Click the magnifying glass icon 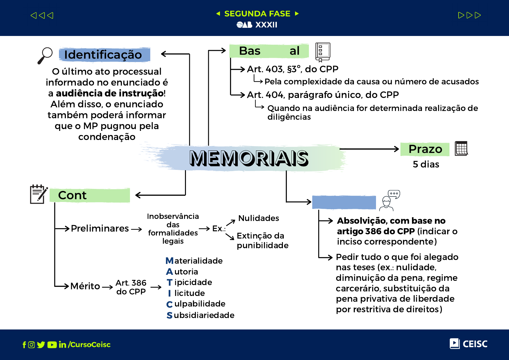[45, 55]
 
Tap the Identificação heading [103, 55]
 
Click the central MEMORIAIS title [249, 158]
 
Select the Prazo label [425, 149]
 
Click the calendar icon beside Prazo [461, 148]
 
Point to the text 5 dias [426, 164]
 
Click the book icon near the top [323, 52]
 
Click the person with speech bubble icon [390, 200]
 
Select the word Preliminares [100, 229]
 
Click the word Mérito [85, 286]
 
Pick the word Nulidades [258, 218]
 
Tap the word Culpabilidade [196, 304]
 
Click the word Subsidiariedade [200, 315]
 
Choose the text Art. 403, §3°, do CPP [292, 69]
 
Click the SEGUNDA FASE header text [257, 14]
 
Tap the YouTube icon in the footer [52, 345]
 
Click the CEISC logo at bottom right [468, 344]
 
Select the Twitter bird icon [41, 345]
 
